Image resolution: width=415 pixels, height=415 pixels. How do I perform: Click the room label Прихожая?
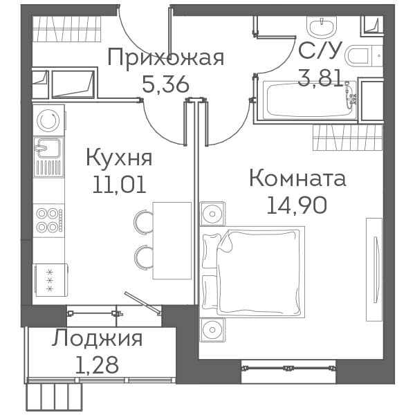(x=166, y=57)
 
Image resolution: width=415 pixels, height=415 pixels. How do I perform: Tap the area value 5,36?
(x=166, y=84)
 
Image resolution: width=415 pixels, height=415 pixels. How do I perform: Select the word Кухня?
(x=119, y=158)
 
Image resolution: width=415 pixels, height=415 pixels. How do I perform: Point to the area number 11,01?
(x=120, y=185)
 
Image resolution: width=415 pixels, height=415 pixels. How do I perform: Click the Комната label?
(x=297, y=178)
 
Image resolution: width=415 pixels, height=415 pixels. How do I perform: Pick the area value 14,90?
(x=297, y=205)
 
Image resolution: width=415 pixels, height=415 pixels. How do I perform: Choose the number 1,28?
(x=97, y=365)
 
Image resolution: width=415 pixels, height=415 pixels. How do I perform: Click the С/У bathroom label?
(x=318, y=50)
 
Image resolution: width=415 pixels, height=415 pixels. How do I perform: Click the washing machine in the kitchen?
(x=49, y=120)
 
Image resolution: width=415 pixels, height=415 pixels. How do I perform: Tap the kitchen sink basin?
(x=48, y=148)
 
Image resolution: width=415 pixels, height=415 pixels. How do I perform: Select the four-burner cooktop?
(x=49, y=220)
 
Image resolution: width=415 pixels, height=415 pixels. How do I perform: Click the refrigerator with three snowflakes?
(x=50, y=280)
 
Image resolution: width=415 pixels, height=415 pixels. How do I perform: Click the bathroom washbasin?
(x=322, y=27)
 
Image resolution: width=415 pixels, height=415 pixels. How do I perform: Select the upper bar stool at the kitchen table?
(x=144, y=221)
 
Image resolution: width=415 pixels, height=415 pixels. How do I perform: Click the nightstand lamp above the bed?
(x=212, y=214)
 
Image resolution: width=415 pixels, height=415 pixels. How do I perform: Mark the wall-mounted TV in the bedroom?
(x=374, y=270)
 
